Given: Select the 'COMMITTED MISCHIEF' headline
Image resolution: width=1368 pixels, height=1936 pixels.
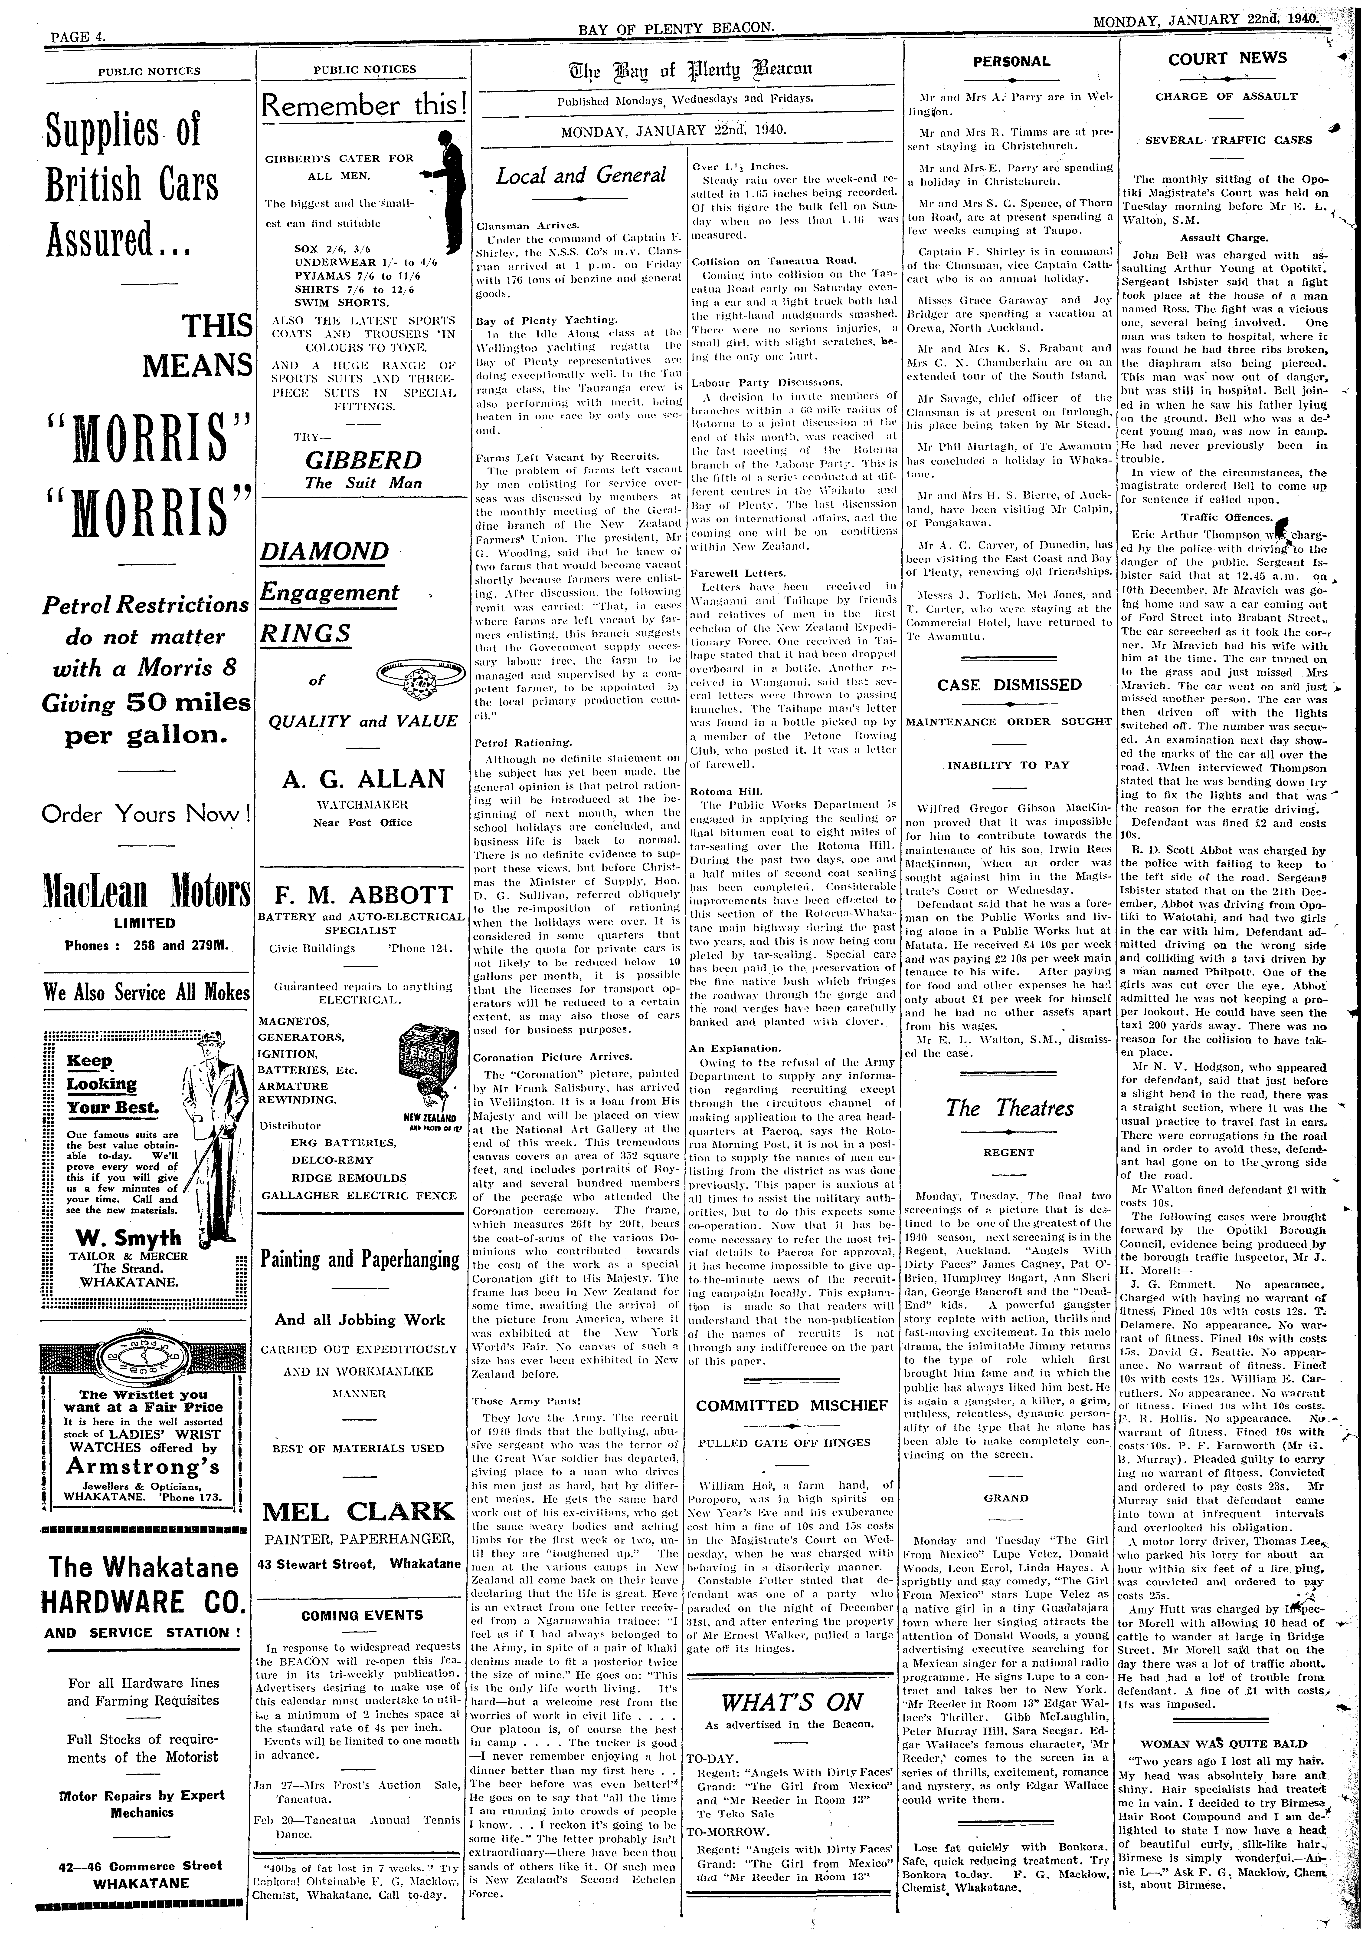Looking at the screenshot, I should (792, 1406).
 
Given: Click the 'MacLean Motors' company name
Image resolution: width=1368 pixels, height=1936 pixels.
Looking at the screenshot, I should (147, 891).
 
